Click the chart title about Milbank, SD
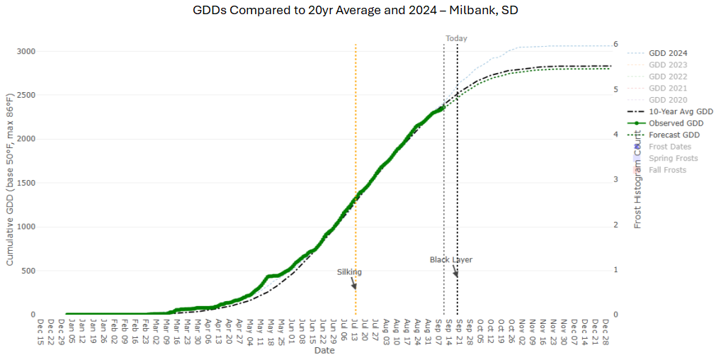click(x=360, y=11)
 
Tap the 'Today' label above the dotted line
click(x=456, y=38)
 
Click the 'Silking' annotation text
click(x=349, y=271)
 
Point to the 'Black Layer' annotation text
click(x=450, y=259)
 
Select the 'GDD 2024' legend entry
click(x=668, y=53)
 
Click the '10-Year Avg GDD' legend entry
click(x=681, y=111)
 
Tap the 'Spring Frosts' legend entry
click(x=673, y=158)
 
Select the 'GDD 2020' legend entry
click(x=668, y=100)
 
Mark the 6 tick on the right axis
click(x=616, y=44)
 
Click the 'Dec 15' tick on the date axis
click(x=41, y=331)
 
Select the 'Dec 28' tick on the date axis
click(x=606, y=331)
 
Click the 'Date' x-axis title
click(x=324, y=351)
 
